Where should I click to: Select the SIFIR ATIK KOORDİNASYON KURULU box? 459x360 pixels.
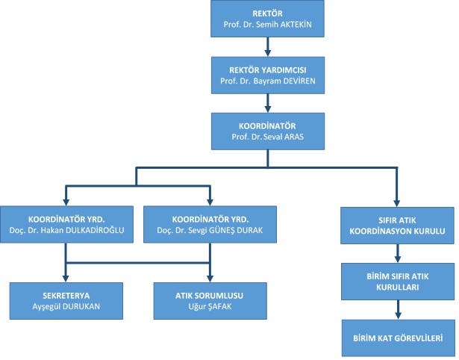[397, 226]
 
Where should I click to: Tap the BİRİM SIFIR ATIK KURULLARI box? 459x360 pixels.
[397, 282]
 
